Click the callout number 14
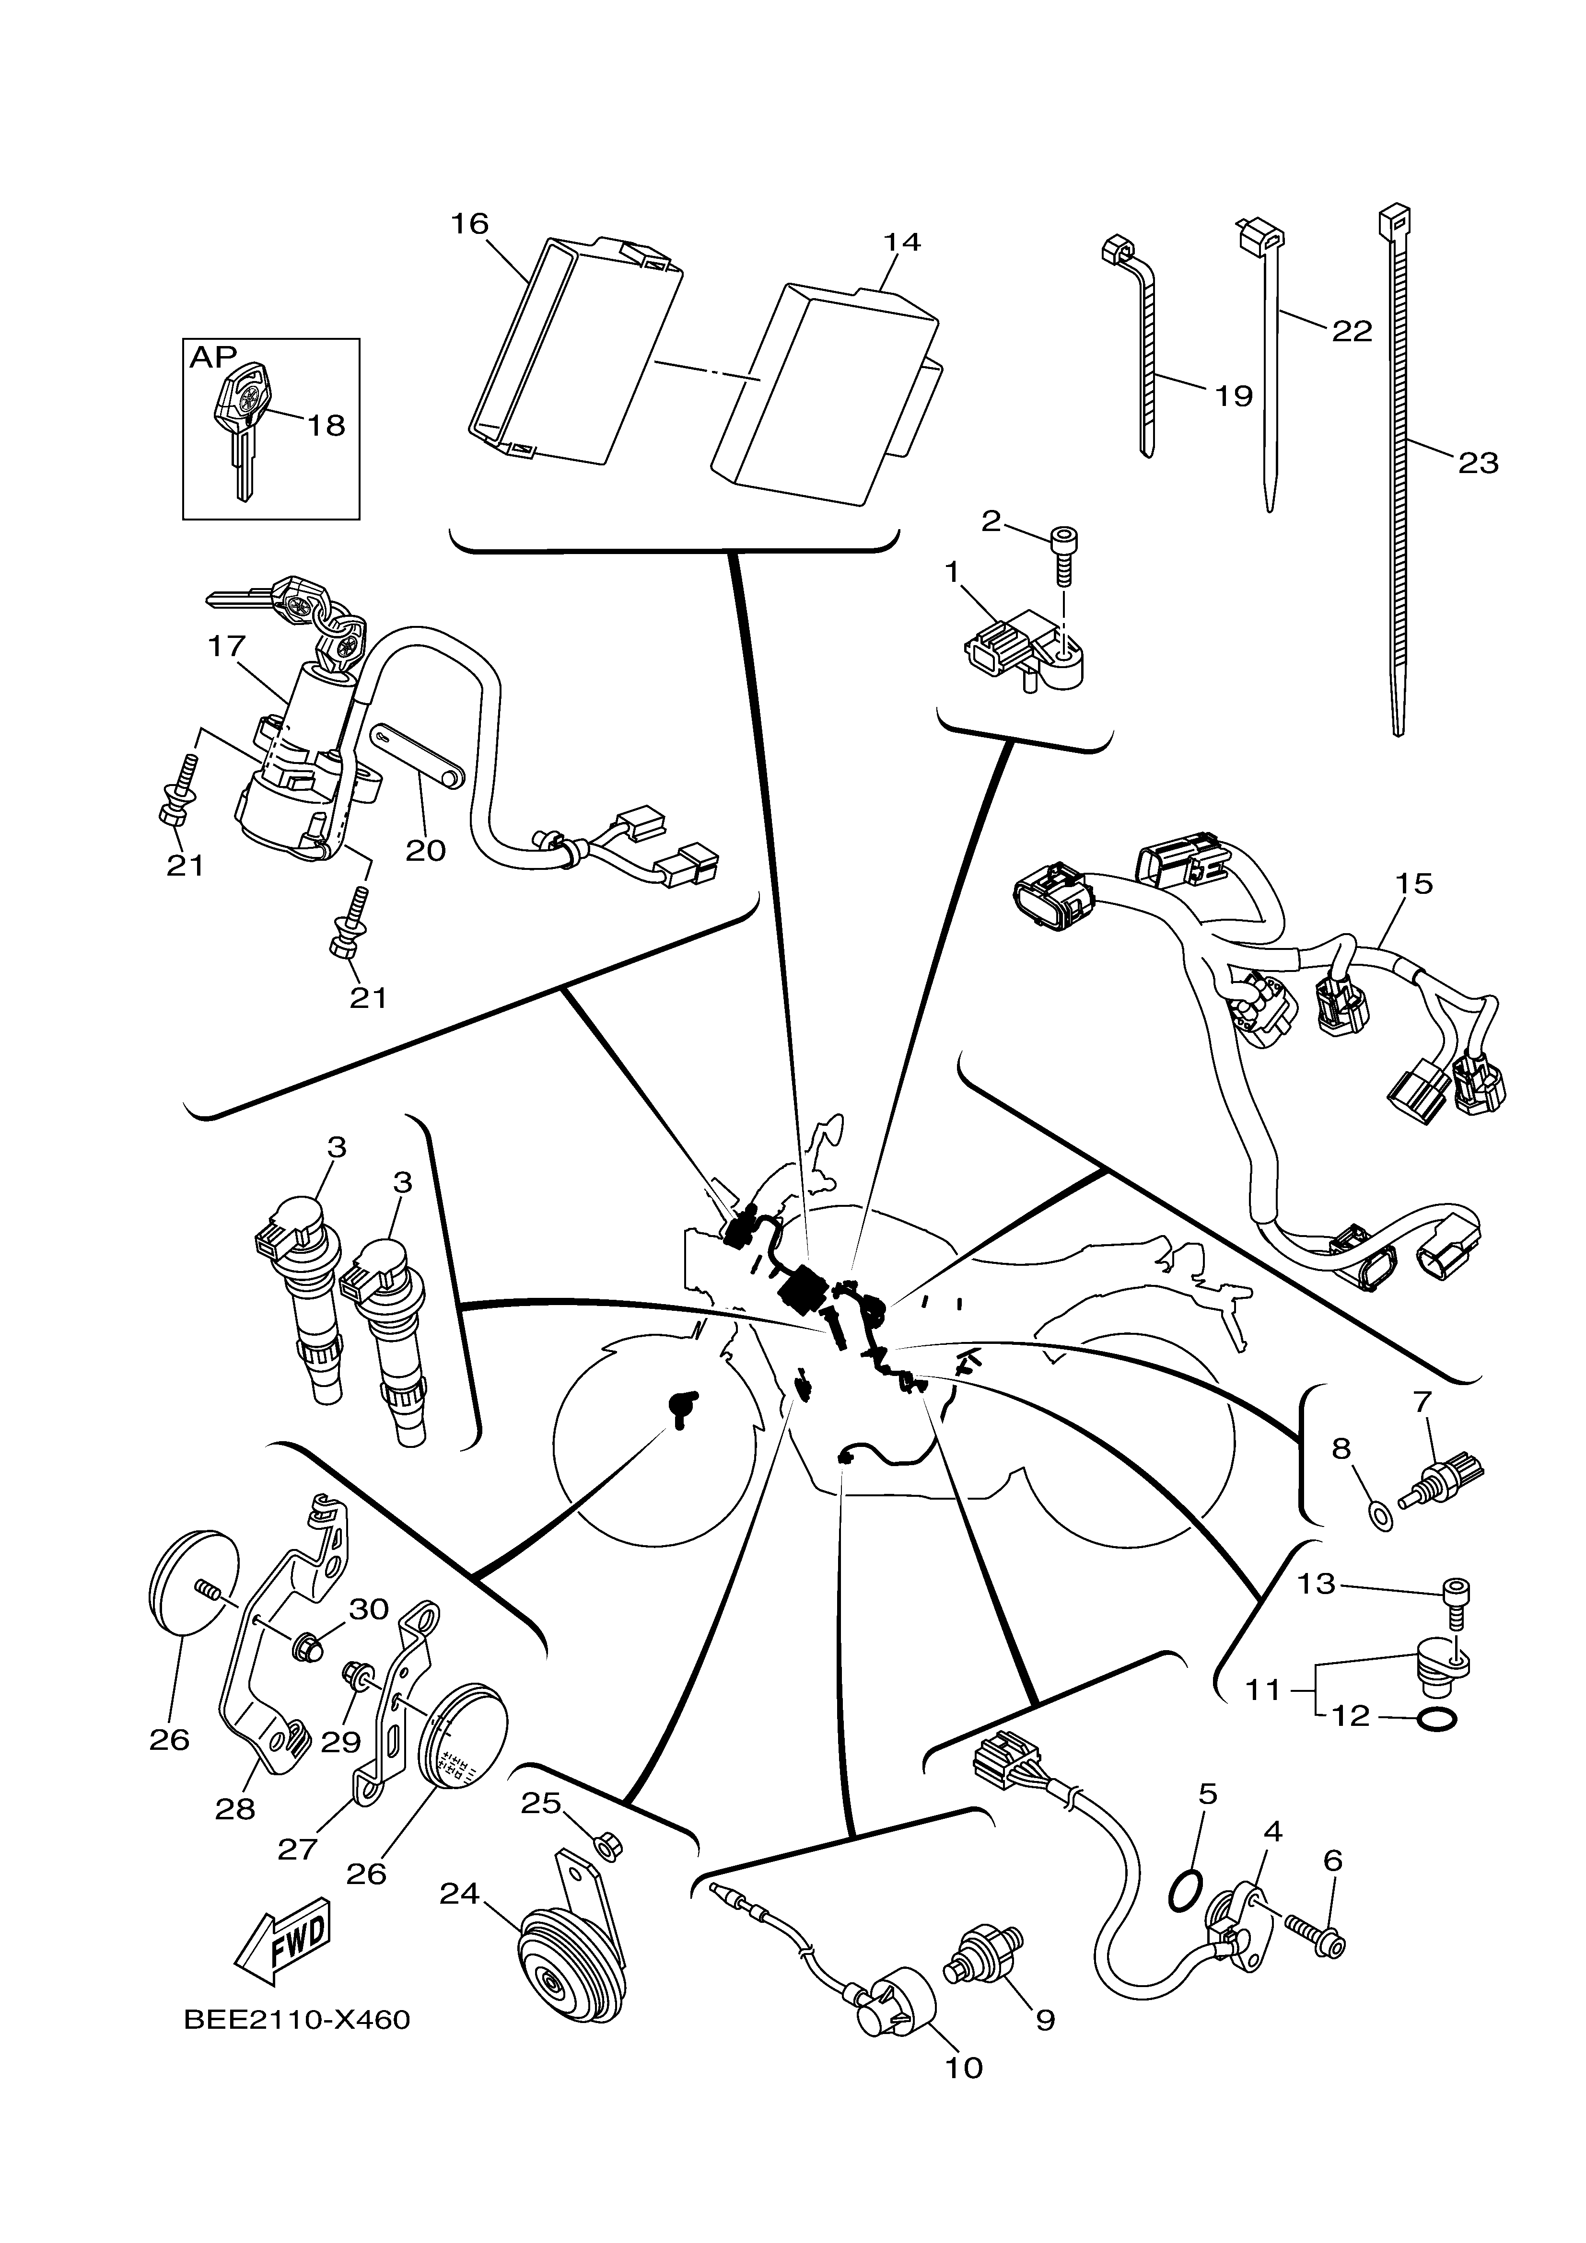coord(902,241)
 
